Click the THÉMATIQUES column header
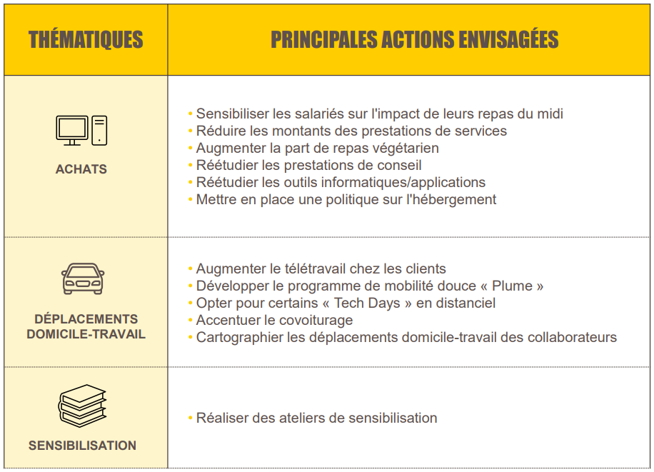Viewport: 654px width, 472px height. (86, 40)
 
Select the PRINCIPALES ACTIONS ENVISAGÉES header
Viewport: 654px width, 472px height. (414, 40)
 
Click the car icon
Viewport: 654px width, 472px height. (83, 278)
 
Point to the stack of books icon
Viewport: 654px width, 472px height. (82, 406)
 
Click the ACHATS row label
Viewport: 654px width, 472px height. (81, 169)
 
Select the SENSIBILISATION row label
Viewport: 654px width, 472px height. (82, 446)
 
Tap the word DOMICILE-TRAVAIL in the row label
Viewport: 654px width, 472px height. (86, 334)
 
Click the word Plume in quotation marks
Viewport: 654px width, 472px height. (513, 286)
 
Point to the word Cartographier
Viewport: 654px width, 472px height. (238, 337)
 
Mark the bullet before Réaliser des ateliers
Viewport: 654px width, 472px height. (191, 418)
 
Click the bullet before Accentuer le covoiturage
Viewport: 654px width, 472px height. (191, 320)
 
